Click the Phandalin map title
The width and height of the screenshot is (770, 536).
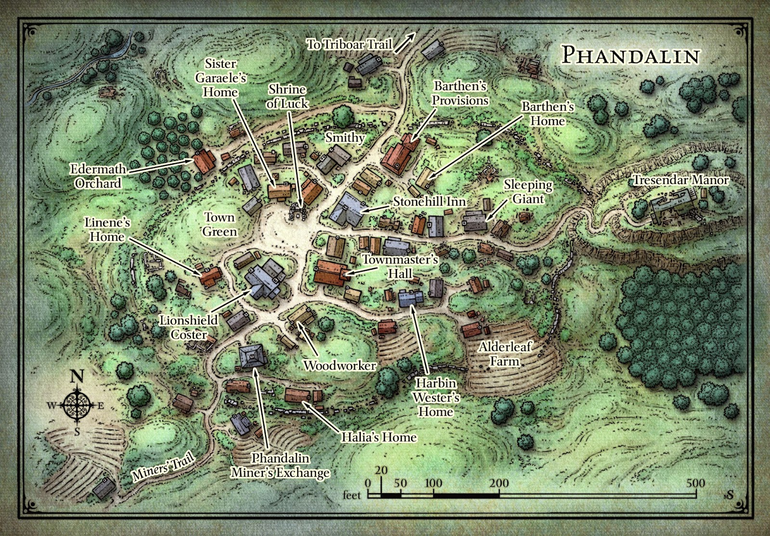point(630,55)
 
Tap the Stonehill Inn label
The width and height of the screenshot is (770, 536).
point(429,201)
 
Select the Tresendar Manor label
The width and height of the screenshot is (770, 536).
point(680,180)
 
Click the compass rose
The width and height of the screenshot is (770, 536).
point(77,405)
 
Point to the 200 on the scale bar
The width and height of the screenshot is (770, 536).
point(499,483)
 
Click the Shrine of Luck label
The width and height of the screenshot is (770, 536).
point(287,96)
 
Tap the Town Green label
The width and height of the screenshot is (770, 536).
point(219,224)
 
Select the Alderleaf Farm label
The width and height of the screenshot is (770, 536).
point(505,353)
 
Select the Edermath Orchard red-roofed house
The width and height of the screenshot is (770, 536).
point(205,161)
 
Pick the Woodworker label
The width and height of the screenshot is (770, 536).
point(339,366)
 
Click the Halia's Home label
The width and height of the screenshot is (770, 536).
point(379,437)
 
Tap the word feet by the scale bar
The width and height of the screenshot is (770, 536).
point(352,495)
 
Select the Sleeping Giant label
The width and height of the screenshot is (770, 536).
point(528,192)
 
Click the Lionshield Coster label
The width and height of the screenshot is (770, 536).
point(189,327)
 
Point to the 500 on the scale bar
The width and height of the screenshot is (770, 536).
point(695,483)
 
